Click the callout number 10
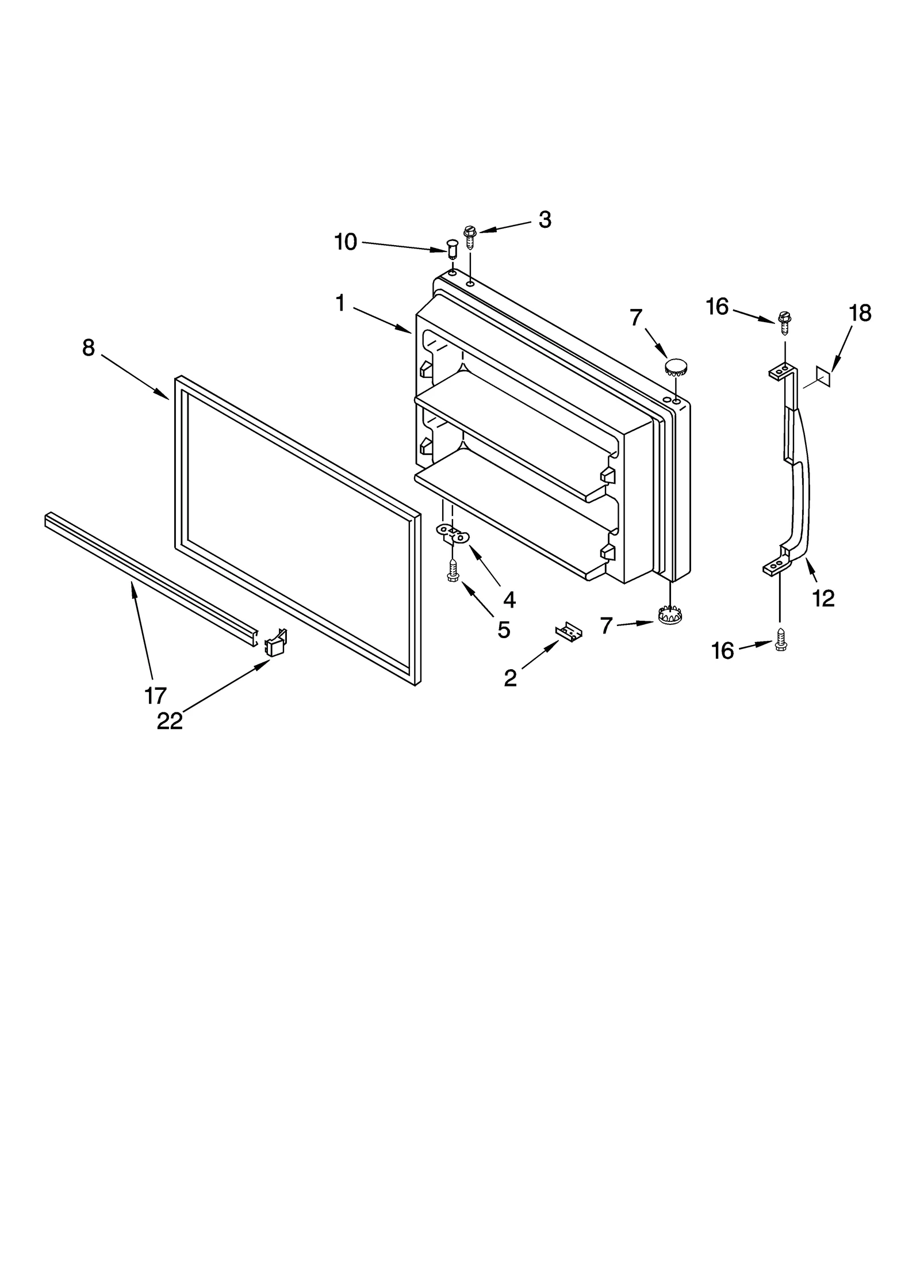346,242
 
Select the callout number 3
545,220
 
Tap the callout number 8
88,348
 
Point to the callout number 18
860,313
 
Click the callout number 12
823,599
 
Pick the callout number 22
170,721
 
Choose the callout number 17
155,696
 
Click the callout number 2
510,678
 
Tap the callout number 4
509,600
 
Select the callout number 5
504,630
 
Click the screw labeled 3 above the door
470,236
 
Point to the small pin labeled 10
453,251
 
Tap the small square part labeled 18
823,376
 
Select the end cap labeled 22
275,643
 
